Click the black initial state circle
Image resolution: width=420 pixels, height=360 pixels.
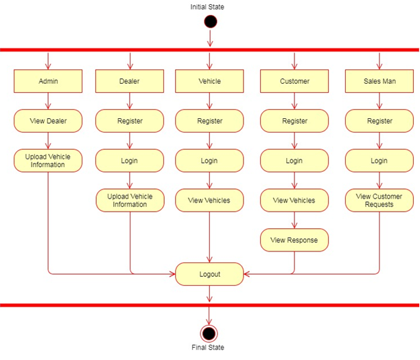tap(210, 22)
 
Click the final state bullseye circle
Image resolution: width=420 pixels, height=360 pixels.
tap(209, 333)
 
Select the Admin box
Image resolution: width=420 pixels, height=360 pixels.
tap(48, 81)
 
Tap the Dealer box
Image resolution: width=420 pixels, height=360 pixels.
tap(130, 81)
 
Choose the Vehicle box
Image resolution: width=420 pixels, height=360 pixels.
tap(209, 81)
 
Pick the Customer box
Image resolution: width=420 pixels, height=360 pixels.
tap(294, 81)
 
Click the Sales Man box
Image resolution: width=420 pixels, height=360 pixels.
tap(379, 81)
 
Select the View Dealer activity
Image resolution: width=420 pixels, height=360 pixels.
tap(48, 121)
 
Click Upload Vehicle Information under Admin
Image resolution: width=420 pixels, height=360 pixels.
tap(48, 161)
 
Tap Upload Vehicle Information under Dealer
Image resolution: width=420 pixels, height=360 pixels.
tap(130, 200)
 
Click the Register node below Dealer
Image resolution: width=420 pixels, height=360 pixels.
tap(130, 121)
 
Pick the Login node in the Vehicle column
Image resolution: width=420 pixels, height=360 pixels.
tap(209, 161)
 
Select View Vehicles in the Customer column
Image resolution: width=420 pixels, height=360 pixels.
tap(294, 200)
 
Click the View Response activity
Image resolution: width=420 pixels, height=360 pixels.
tap(294, 240)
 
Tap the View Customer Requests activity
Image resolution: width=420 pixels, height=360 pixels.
tap(379, 200)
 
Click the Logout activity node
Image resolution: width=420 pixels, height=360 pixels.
tap(209, 273)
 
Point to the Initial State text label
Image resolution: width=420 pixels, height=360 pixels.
tap(207, 7)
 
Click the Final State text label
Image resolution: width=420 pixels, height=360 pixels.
tap(208, 348)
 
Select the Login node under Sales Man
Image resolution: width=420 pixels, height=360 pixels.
tap(379, 161)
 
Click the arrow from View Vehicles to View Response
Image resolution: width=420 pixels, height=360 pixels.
tap(294, 220)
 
